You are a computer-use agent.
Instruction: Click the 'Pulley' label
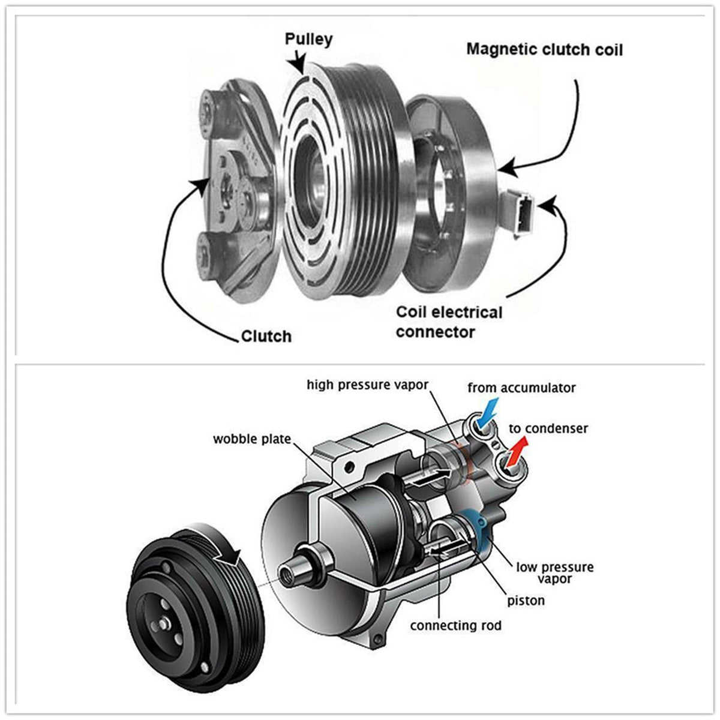(308, 40)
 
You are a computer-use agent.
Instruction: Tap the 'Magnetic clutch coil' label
(544, 49)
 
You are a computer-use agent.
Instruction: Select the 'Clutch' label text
(266, 336)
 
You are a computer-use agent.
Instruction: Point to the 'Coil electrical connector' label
(449, 322)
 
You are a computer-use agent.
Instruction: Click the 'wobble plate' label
(251, 439)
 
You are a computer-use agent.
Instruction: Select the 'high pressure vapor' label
(367, 385)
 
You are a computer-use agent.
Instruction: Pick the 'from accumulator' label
(521, 388)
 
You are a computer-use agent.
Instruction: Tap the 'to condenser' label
(548, 428)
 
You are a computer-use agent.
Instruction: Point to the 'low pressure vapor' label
(554, 572)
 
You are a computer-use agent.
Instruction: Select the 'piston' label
(526, 600)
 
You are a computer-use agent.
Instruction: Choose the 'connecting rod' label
(455, 626)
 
